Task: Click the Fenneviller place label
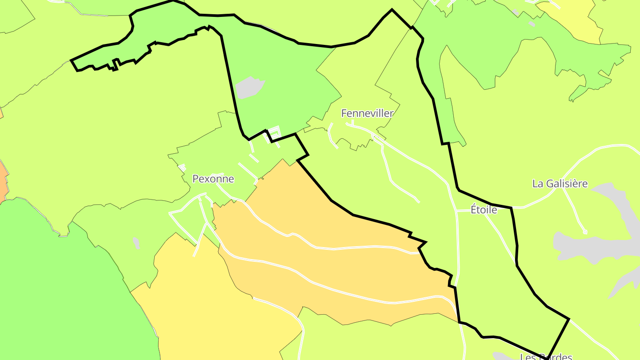(x=367, y=113)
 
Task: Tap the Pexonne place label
(x=213, y=179)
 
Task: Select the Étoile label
(x=484, y=209)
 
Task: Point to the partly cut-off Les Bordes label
(x=546, y=356)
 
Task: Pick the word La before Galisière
(x=538, y=184)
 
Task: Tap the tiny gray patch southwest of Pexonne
(x=136, y=243)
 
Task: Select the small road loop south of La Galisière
(x=585, y=232)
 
